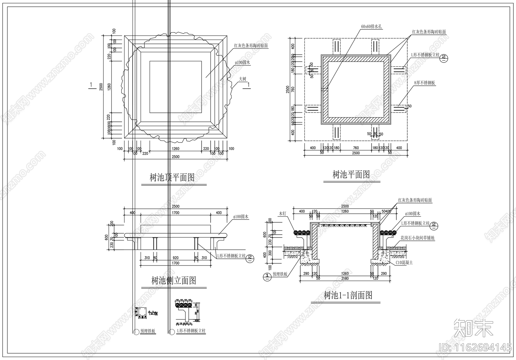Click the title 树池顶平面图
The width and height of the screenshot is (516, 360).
pyautogui.click(x=172, y=178)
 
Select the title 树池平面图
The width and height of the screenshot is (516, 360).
pyautogui.click(x=351, y=175)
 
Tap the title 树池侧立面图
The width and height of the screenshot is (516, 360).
pyautogui.click(x=174, y=281)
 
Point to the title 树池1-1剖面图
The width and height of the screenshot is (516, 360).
pyautogui.click(x=348, y=295)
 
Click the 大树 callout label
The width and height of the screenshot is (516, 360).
pyautogui.click(x=243, y=79)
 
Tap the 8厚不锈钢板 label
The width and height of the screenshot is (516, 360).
pyautogui.click(x=424, y=83)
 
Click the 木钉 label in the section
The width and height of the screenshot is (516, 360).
pyautogui.click(x=283, y=214)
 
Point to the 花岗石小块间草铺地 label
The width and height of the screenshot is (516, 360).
pyautogui.click(x=418, y=238)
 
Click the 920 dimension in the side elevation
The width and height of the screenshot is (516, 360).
pyautogui.click(x=175, y=258)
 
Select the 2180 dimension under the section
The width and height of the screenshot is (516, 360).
pyautogui.click(x=345, y=278)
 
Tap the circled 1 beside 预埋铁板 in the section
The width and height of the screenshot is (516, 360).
pyautogui.click(x=267, y=276)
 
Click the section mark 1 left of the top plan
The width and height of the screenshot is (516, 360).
pyautogui.click(x=91, y=85)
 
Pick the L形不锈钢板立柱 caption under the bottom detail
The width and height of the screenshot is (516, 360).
pyautogui.click(x=191, y=331)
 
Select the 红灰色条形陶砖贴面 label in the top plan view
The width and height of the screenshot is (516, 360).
pyautogui.click(x=251, y=46)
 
